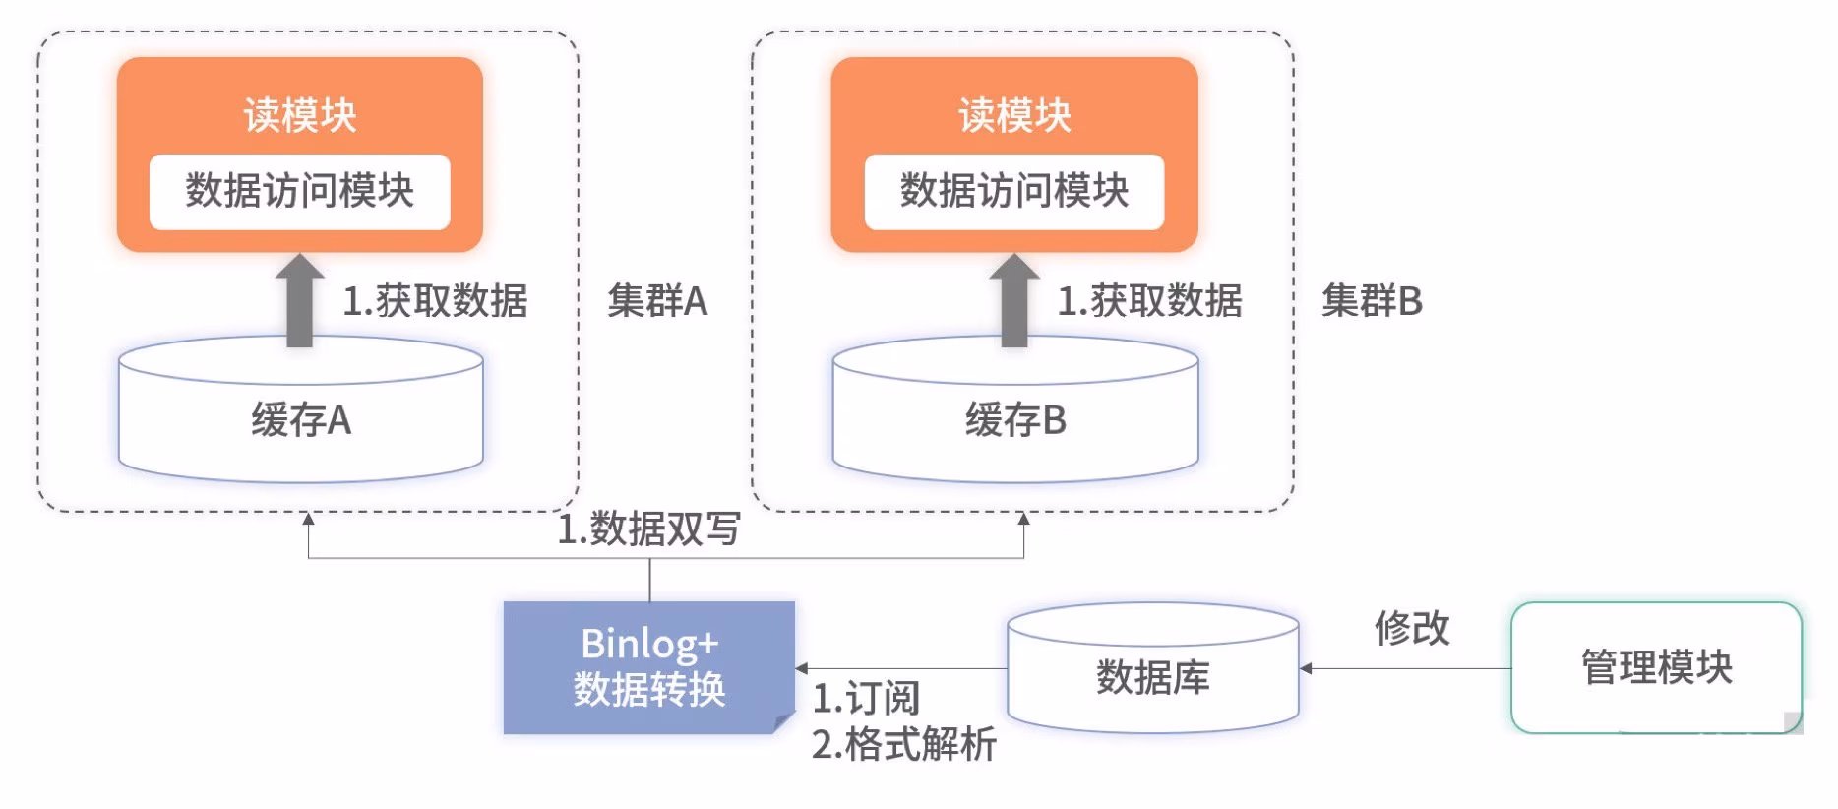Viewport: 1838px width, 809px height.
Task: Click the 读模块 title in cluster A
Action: click(299, 115)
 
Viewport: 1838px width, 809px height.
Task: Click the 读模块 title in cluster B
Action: click(1014, 115)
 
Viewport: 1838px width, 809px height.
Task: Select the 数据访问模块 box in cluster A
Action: click(299, 191)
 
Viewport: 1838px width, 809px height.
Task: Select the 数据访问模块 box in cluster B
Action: click(1014, 191)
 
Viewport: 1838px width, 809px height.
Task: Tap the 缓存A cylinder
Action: click(300, 420)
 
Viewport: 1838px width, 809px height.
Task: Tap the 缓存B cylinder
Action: click(1015, 420)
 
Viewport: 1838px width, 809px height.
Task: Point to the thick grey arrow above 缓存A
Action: click(299, 300)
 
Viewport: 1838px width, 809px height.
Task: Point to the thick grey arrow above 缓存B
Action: click(1013, 300)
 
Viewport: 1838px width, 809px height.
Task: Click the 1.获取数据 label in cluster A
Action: click(435, 301)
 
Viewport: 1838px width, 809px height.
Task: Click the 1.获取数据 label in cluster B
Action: click(1149, 301)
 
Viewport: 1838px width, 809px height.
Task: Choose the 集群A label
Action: click(657, 301)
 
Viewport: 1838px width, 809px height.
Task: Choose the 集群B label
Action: click(1372, 301)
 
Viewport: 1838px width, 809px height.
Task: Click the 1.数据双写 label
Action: click(648, 529)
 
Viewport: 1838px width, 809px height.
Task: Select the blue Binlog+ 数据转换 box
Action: click(648, 667)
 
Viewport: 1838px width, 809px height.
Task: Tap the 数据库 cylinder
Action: click(1152, 677)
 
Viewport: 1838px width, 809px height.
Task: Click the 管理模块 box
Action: click(1656, 667)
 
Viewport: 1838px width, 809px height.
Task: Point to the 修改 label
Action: click(1412, 628)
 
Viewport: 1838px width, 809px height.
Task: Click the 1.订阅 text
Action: click(866, 699)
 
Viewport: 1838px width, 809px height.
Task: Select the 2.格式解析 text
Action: click(903, 745)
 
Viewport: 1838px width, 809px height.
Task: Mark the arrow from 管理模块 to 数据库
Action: click(1405, 668)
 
